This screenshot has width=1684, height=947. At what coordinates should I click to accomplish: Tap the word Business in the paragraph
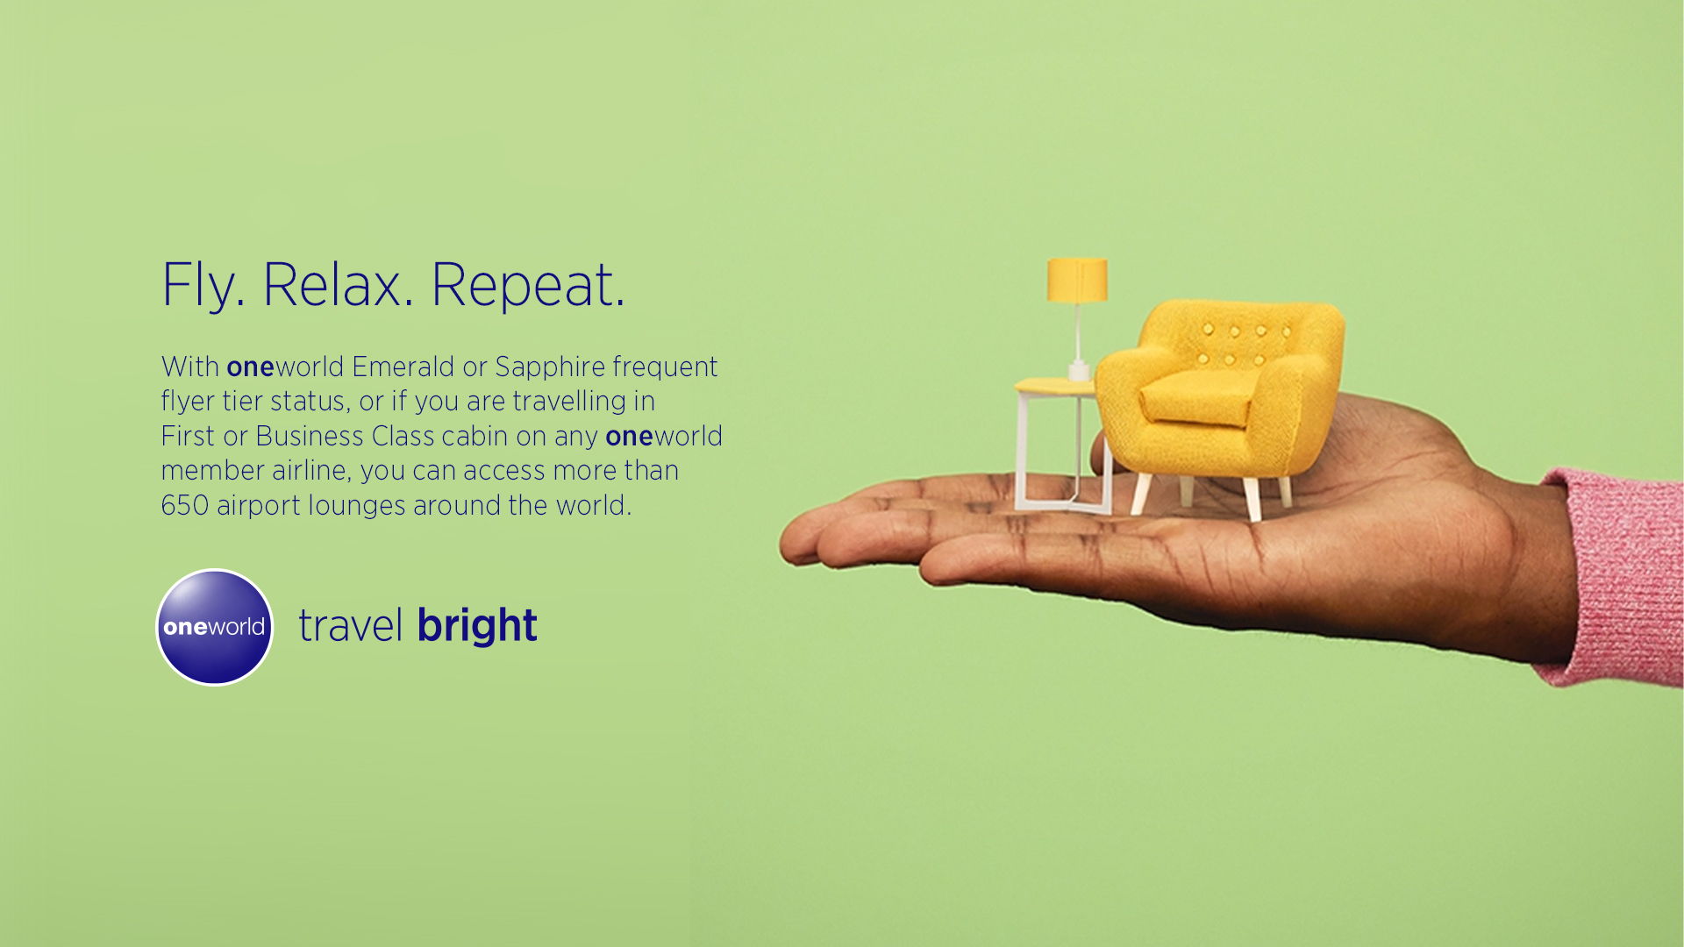click(x=310, y=436)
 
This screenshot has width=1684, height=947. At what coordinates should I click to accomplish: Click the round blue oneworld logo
click(x=214, y=627)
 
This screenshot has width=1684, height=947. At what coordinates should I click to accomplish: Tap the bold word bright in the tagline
click(x=477, y=626)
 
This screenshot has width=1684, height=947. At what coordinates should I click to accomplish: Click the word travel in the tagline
click(x=351, y=626)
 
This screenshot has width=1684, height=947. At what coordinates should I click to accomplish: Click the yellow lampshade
click(x=1077, y=280)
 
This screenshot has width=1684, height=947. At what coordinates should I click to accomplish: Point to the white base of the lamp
click(x=1079, y=370)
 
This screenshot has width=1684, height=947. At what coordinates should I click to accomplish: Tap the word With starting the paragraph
click(x=189, y=367)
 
